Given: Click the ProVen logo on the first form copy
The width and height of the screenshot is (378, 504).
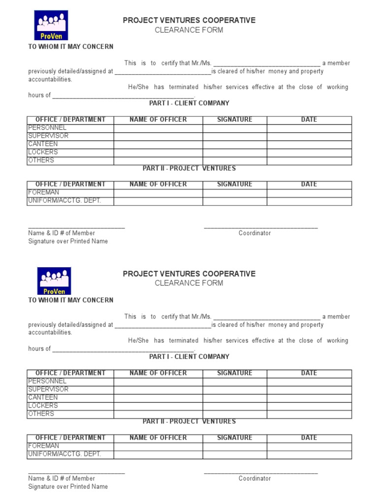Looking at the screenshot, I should point(51,25).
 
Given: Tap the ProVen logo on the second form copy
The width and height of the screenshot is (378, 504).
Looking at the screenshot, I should point(54,281).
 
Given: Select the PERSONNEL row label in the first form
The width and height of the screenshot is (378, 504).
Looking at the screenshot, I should point(47,128).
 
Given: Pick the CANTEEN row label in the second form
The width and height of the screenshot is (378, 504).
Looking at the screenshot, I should point(43,398).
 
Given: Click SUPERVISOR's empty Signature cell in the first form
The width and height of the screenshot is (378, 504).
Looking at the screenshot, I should point(235,136).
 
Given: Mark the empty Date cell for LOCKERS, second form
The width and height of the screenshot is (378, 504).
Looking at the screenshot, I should point(309,406).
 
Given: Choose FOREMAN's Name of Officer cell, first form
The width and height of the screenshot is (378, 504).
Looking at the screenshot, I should point(158,193).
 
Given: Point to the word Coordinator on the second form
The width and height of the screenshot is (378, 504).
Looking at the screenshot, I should point(254,478).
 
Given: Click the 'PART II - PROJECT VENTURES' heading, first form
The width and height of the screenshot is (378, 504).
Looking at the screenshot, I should point(189,168).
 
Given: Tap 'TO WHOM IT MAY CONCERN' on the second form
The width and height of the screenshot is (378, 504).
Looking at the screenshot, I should point(71,300).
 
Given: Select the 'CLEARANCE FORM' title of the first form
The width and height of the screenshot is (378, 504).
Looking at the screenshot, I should point(189,30).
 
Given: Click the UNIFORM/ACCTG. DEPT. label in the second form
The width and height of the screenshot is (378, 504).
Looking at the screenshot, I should point(64,454).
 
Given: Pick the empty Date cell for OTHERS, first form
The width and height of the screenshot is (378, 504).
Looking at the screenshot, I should point(309,160).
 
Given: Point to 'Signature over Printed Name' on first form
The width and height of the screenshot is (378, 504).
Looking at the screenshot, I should point(68,242).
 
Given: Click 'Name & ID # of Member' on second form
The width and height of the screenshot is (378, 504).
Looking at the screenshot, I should point(62,478).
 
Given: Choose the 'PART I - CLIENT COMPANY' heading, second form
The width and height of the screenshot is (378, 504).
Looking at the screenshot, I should point(189,357).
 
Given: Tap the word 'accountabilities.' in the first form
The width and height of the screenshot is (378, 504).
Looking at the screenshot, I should point(50,79).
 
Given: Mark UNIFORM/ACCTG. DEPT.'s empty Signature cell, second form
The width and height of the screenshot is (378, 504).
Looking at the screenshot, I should point(235,454).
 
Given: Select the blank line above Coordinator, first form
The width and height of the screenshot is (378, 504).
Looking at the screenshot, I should point(261,227).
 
